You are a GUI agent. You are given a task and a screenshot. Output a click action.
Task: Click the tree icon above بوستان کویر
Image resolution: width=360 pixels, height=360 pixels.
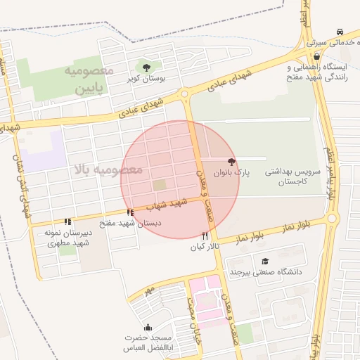click(x=146, y=68)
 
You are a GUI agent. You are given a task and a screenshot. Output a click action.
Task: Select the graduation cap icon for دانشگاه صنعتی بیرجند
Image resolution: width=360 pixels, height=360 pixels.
click(x=265, y=262)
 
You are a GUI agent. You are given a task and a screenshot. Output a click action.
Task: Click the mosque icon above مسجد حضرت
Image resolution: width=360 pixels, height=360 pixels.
click(x=148, y=327)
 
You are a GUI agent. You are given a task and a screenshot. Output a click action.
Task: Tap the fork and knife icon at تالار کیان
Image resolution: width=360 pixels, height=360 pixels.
click(x=205, y=236)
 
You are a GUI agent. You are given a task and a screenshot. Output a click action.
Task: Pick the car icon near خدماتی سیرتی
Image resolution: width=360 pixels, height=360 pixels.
click(x=340, y=32)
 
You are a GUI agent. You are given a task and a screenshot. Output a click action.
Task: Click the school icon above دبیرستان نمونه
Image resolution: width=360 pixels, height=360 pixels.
click(x=67, y=221)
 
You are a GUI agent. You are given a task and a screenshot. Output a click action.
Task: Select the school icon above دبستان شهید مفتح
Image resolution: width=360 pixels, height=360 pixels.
click(x=129, y=212)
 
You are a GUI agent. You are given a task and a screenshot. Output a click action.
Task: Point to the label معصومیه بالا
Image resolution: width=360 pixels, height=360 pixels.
click(x=108, y=169)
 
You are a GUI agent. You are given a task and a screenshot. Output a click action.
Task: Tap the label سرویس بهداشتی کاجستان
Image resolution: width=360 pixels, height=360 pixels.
click(x=292, y=176)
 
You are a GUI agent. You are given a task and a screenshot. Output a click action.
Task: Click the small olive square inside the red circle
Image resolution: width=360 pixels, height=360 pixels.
click(x=160, y=184)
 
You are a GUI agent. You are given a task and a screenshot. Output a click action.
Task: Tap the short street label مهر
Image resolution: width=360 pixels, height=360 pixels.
click(x=148, y=289)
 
